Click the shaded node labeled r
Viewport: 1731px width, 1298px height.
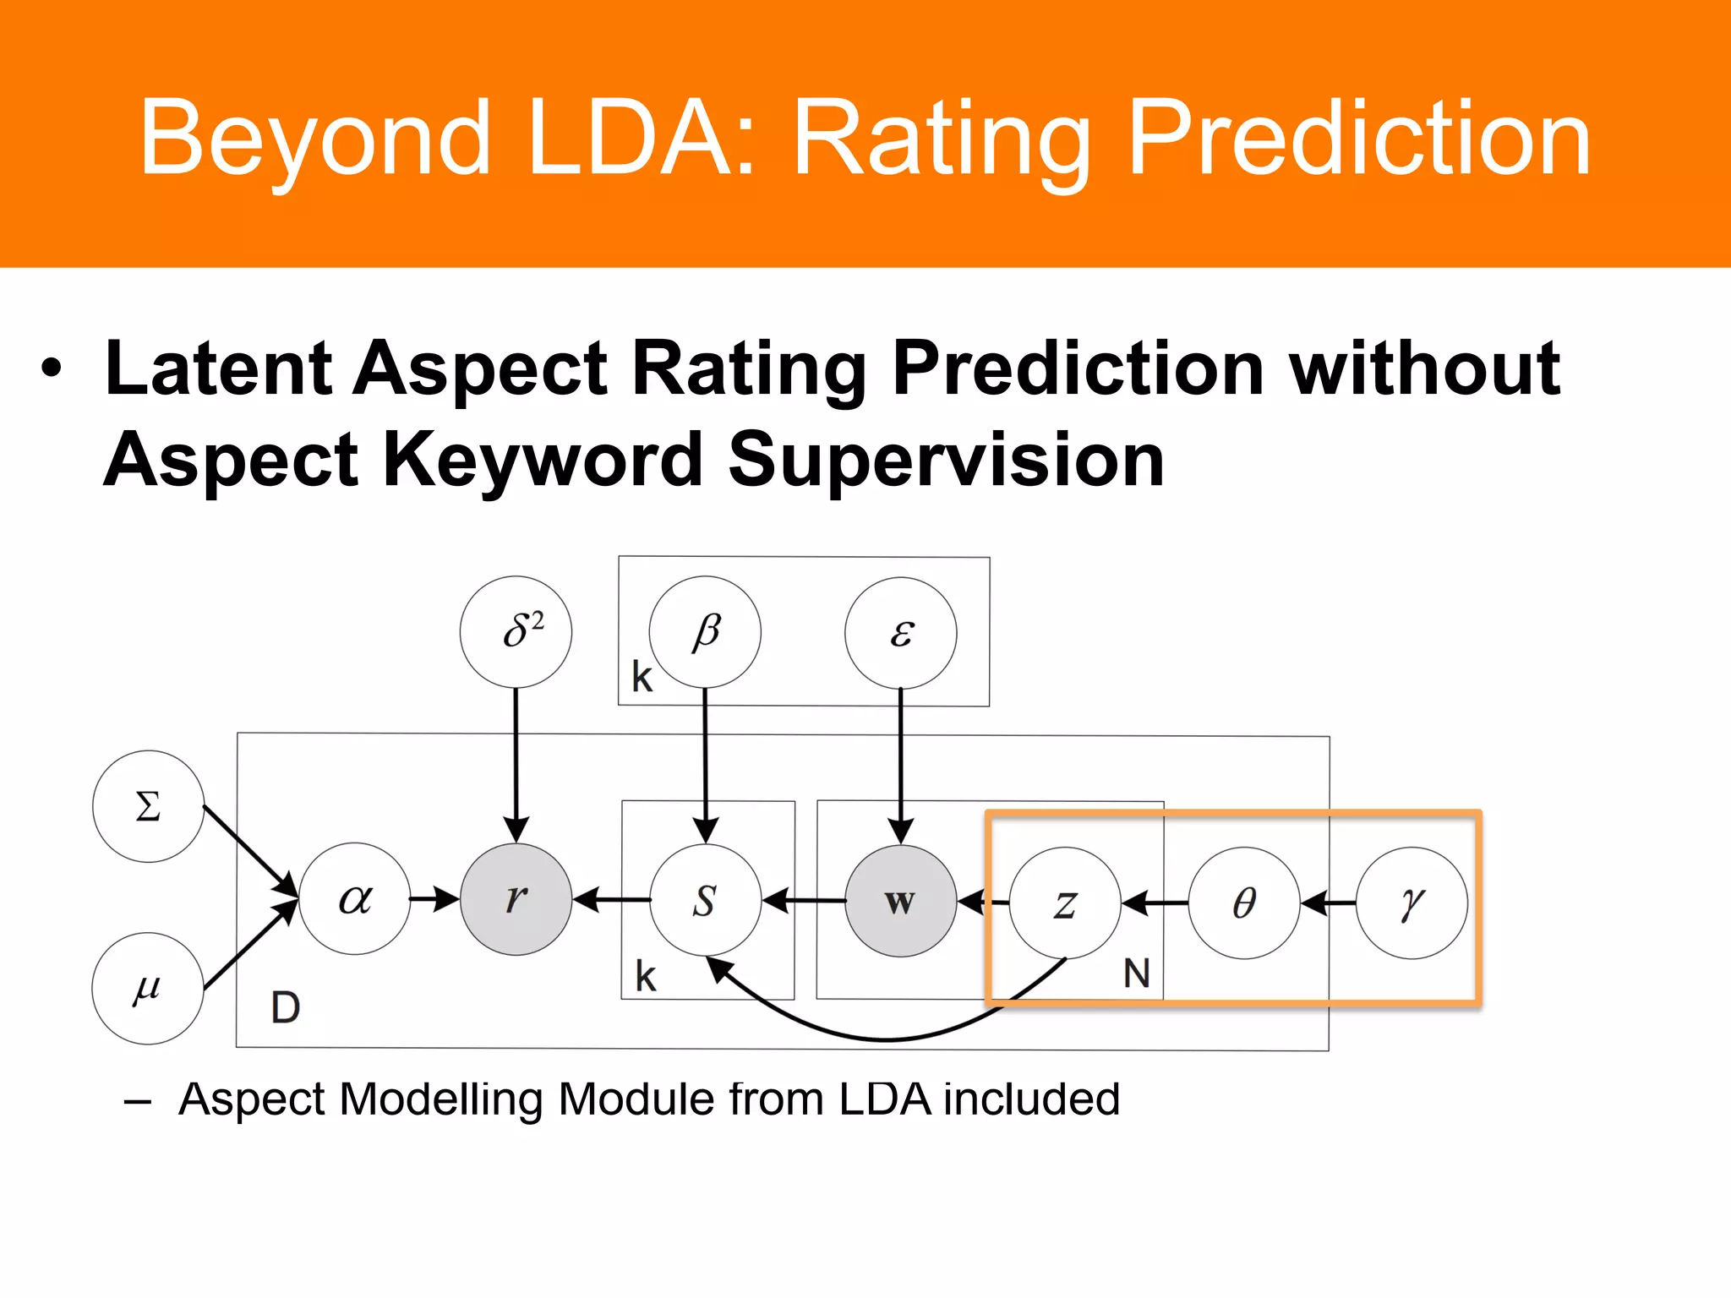(516, 899)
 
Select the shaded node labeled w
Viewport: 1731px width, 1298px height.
(900, 901)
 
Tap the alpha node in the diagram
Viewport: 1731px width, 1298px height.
(354, 898)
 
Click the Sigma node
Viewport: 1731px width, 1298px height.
(148, 806)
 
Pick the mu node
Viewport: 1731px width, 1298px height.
(147, 988)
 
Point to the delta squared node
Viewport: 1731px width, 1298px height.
(516, 631)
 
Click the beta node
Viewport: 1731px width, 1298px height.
(705, 631)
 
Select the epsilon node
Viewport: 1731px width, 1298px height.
(900, 633)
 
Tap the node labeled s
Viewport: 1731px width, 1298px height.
(705, 900)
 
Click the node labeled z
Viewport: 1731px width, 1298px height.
(1065, 903)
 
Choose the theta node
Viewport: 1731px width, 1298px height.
(1243, 903)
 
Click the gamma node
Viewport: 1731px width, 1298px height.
(1411, 903)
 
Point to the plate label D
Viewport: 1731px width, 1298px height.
(285, 1007)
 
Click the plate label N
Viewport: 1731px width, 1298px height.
(1136, 973)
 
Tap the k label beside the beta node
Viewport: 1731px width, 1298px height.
(642, 677)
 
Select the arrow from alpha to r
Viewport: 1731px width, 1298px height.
(434, 898)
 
